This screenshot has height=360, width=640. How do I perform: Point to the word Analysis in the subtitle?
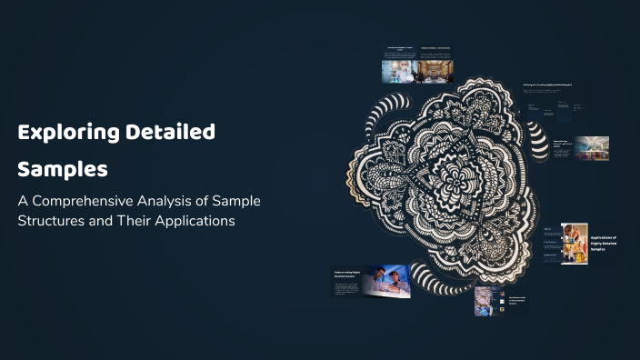[x=181, y=200]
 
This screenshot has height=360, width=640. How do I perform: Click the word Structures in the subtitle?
[x=55, y=221]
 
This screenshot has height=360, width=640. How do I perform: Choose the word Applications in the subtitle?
[x=194, y=221]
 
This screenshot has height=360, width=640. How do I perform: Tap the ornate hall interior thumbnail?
[x=435, y=72]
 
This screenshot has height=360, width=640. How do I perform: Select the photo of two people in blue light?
[x=387, y=281]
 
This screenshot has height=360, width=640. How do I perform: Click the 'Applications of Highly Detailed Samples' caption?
[x=604, y=243]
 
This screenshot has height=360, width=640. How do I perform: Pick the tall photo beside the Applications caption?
[x=574, y=244]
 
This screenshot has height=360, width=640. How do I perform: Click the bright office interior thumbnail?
[x=591, y=148]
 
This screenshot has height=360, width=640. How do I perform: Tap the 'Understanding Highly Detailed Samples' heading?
[x=347, y=273]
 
